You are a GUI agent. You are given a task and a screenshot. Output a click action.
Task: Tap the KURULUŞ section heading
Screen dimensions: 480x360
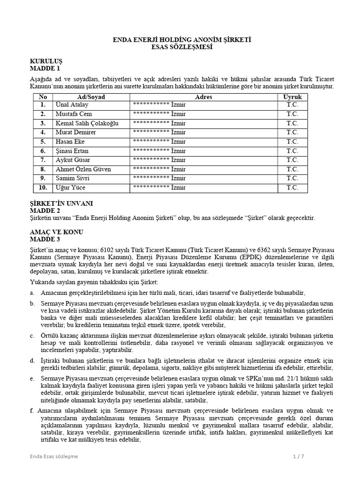pyautogui.click(x=46, y=61)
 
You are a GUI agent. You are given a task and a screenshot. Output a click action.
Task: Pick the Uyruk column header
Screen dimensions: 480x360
pyautogui.click(x=292, y=97)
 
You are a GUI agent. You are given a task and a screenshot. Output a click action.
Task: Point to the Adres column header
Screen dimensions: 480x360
pyautogui.click(x=203, y=97)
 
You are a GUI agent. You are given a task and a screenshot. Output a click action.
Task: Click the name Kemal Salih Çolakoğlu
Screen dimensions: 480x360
pyautogui.click(x=87, y=123)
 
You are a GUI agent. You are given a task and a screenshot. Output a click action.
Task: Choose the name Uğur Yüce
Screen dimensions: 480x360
pyautogui.click(x=71, y=188)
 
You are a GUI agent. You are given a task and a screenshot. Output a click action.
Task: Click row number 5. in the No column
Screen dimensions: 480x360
pyautogui.click(x=43, y=142)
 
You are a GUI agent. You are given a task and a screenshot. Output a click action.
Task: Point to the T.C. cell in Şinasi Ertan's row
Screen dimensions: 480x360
pyautogui.click(x=292, y=151)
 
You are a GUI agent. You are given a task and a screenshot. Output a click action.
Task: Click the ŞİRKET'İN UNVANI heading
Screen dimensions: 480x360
pyautogui.click(x=61, y=203)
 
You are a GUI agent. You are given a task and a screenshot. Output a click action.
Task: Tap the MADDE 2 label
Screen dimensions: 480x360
pyautogui.click(x=45, y=210)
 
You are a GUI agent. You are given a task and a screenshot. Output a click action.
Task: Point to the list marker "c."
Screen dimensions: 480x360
pyautogui.click(x=32, y=336)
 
